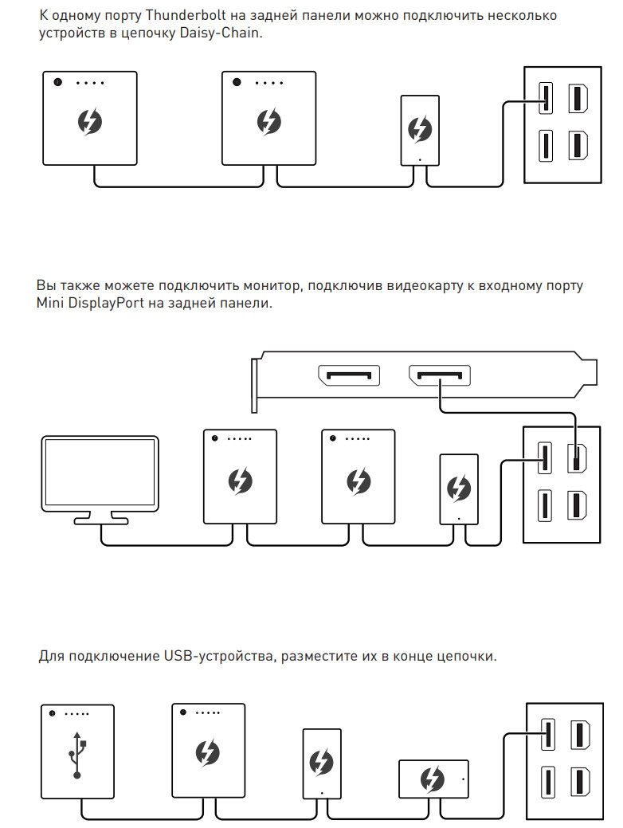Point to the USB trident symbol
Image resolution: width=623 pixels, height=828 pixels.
[77, 755]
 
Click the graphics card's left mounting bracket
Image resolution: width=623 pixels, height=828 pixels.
[254, 385]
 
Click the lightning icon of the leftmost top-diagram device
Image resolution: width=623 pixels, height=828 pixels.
[89, 122]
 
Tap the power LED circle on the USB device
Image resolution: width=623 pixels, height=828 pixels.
[52, 713]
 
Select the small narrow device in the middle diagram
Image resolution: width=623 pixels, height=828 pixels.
[458, 489]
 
